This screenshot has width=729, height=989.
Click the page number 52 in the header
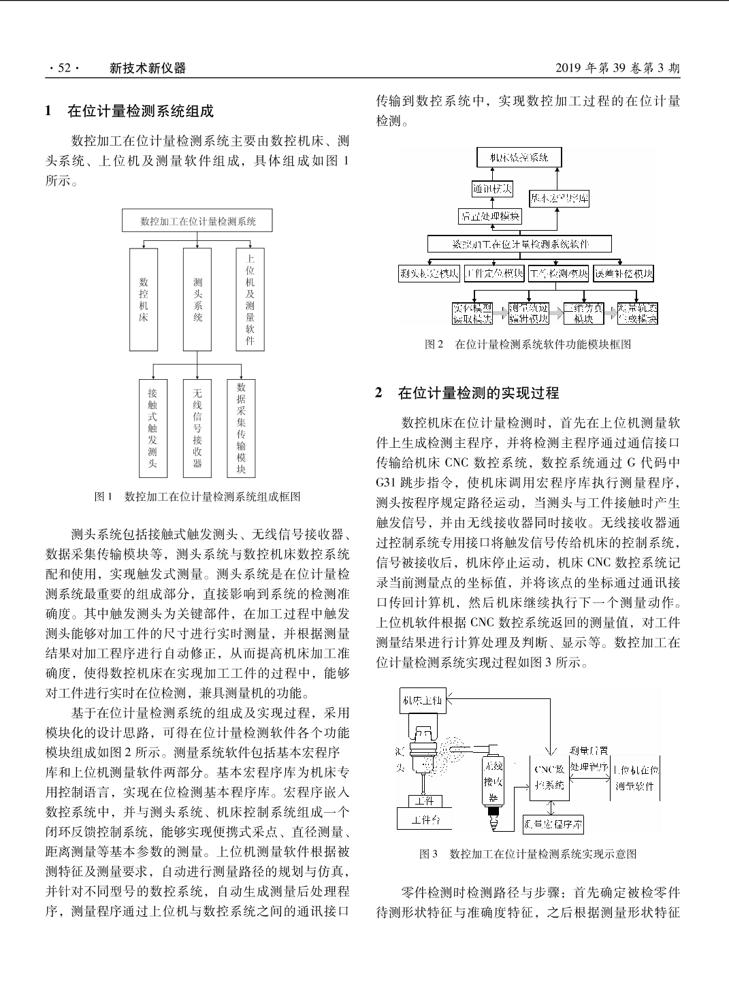[x=65, y=68]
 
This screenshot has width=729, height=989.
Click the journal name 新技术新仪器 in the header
[x=148, y=68]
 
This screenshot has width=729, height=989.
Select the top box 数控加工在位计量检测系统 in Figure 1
[x=197, y=221]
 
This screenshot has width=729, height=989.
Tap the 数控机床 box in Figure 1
[x=144, y=299]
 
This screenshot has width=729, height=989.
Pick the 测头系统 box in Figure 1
[x=197, y=299]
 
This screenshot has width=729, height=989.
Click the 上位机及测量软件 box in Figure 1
[x=250, y=299]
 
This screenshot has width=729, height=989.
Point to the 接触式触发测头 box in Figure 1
[x=152, y=428]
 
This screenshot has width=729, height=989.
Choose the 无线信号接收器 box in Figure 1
[x=197, y=428]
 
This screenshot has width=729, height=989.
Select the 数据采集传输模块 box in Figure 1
[x=241, y=428]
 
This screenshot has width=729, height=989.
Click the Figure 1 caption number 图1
[x=103, y=497]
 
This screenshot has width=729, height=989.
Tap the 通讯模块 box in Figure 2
[x=492, y=189]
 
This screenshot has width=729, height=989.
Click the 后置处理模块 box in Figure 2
[x=490, y=216]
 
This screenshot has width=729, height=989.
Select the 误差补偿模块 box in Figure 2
[x=623, y=274]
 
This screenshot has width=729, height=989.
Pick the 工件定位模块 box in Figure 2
[x=495, y=274]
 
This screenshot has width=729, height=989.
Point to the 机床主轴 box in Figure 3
[x=423, y=700]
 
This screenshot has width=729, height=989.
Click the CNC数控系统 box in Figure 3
[x=549, y=777]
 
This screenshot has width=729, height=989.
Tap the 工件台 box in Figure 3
[x=424, y=820]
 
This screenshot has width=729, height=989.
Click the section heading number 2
[x=379, y=393]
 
